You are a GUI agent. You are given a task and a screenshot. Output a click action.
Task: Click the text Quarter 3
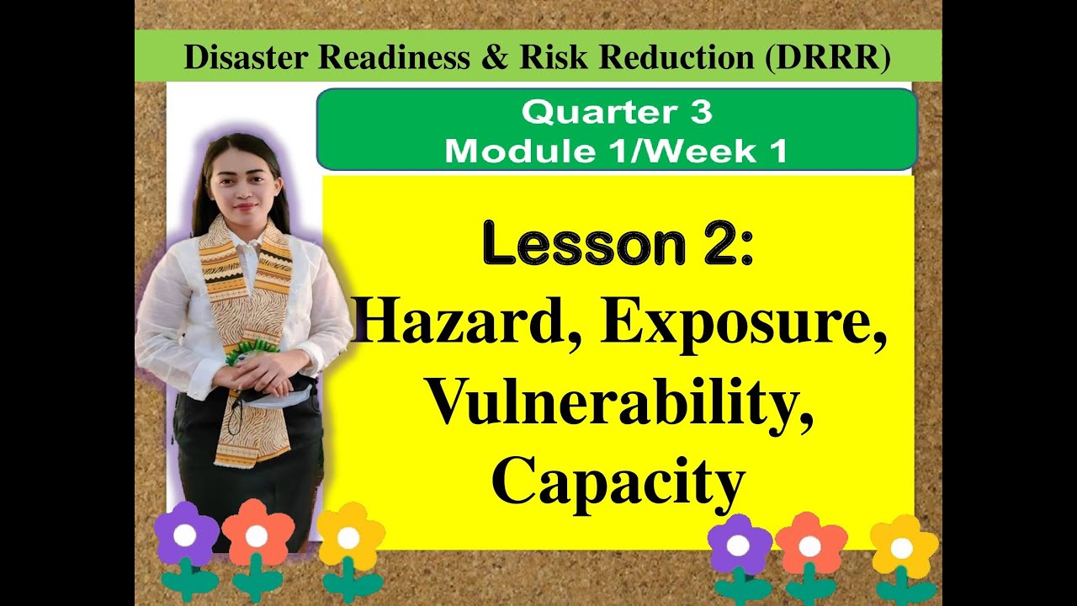tap(616, 112)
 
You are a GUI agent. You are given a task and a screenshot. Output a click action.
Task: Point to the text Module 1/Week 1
tap(616, 151)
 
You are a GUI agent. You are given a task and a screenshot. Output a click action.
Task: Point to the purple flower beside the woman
tap(186, 535)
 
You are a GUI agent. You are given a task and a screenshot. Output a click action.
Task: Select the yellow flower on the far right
tap(903, 548)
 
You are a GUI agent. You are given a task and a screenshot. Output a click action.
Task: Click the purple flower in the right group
tap(739, 545)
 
